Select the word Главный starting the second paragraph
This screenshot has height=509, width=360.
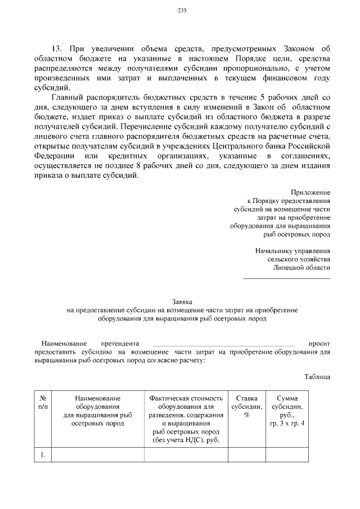(67, 97)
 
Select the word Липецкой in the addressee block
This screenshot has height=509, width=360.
(289, 268)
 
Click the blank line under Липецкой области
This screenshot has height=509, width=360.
(286, 277)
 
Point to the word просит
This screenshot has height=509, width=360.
(319, 343)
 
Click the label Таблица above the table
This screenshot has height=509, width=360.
(317, 376)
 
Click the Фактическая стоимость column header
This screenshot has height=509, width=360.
(186, 398)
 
